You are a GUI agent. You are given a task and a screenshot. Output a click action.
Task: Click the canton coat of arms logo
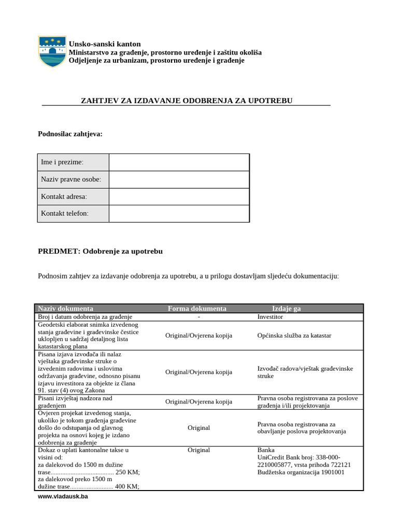pyautogui.click(x=52, y=51)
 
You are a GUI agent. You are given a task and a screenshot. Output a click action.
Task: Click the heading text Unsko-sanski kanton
pyautogui.click(x=105, y=44)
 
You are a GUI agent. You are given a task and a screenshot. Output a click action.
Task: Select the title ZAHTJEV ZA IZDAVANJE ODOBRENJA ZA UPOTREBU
pyautogui.click(x=187, y=100)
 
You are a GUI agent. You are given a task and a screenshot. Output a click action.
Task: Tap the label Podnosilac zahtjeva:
pyautogui.click(x=70, y=134)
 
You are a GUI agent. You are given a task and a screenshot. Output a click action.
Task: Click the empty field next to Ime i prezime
pyautogui.click(x=179, y=162)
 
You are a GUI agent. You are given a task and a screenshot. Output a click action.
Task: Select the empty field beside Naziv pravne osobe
pyautogui.click(x=179, y=180)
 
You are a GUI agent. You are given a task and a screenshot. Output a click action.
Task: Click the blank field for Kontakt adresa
pyautogui.click(x=179, y=197)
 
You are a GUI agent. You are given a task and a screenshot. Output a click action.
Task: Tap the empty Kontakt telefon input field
pyautogui.click(x=179, y=214)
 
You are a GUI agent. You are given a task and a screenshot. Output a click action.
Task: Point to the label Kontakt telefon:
pyautogui.click(x=65, y=213)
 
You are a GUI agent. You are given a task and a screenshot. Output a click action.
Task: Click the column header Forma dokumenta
pyautogui.click(x=197, y=309)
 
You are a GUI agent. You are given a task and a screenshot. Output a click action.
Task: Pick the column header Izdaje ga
pyautogui.click(x=286, y=309)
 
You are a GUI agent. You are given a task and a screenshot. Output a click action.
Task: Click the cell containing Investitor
pyautogui.click(x=270, y=316)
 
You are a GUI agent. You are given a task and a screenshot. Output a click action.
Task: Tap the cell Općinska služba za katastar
pyautogui.click(x=294, y=336)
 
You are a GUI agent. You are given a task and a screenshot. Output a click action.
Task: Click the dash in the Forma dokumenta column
pyautogui.click(x=198, y=316)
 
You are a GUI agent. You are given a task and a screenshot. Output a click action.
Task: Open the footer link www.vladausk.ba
pyautogui.click(x=63, y=496)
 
